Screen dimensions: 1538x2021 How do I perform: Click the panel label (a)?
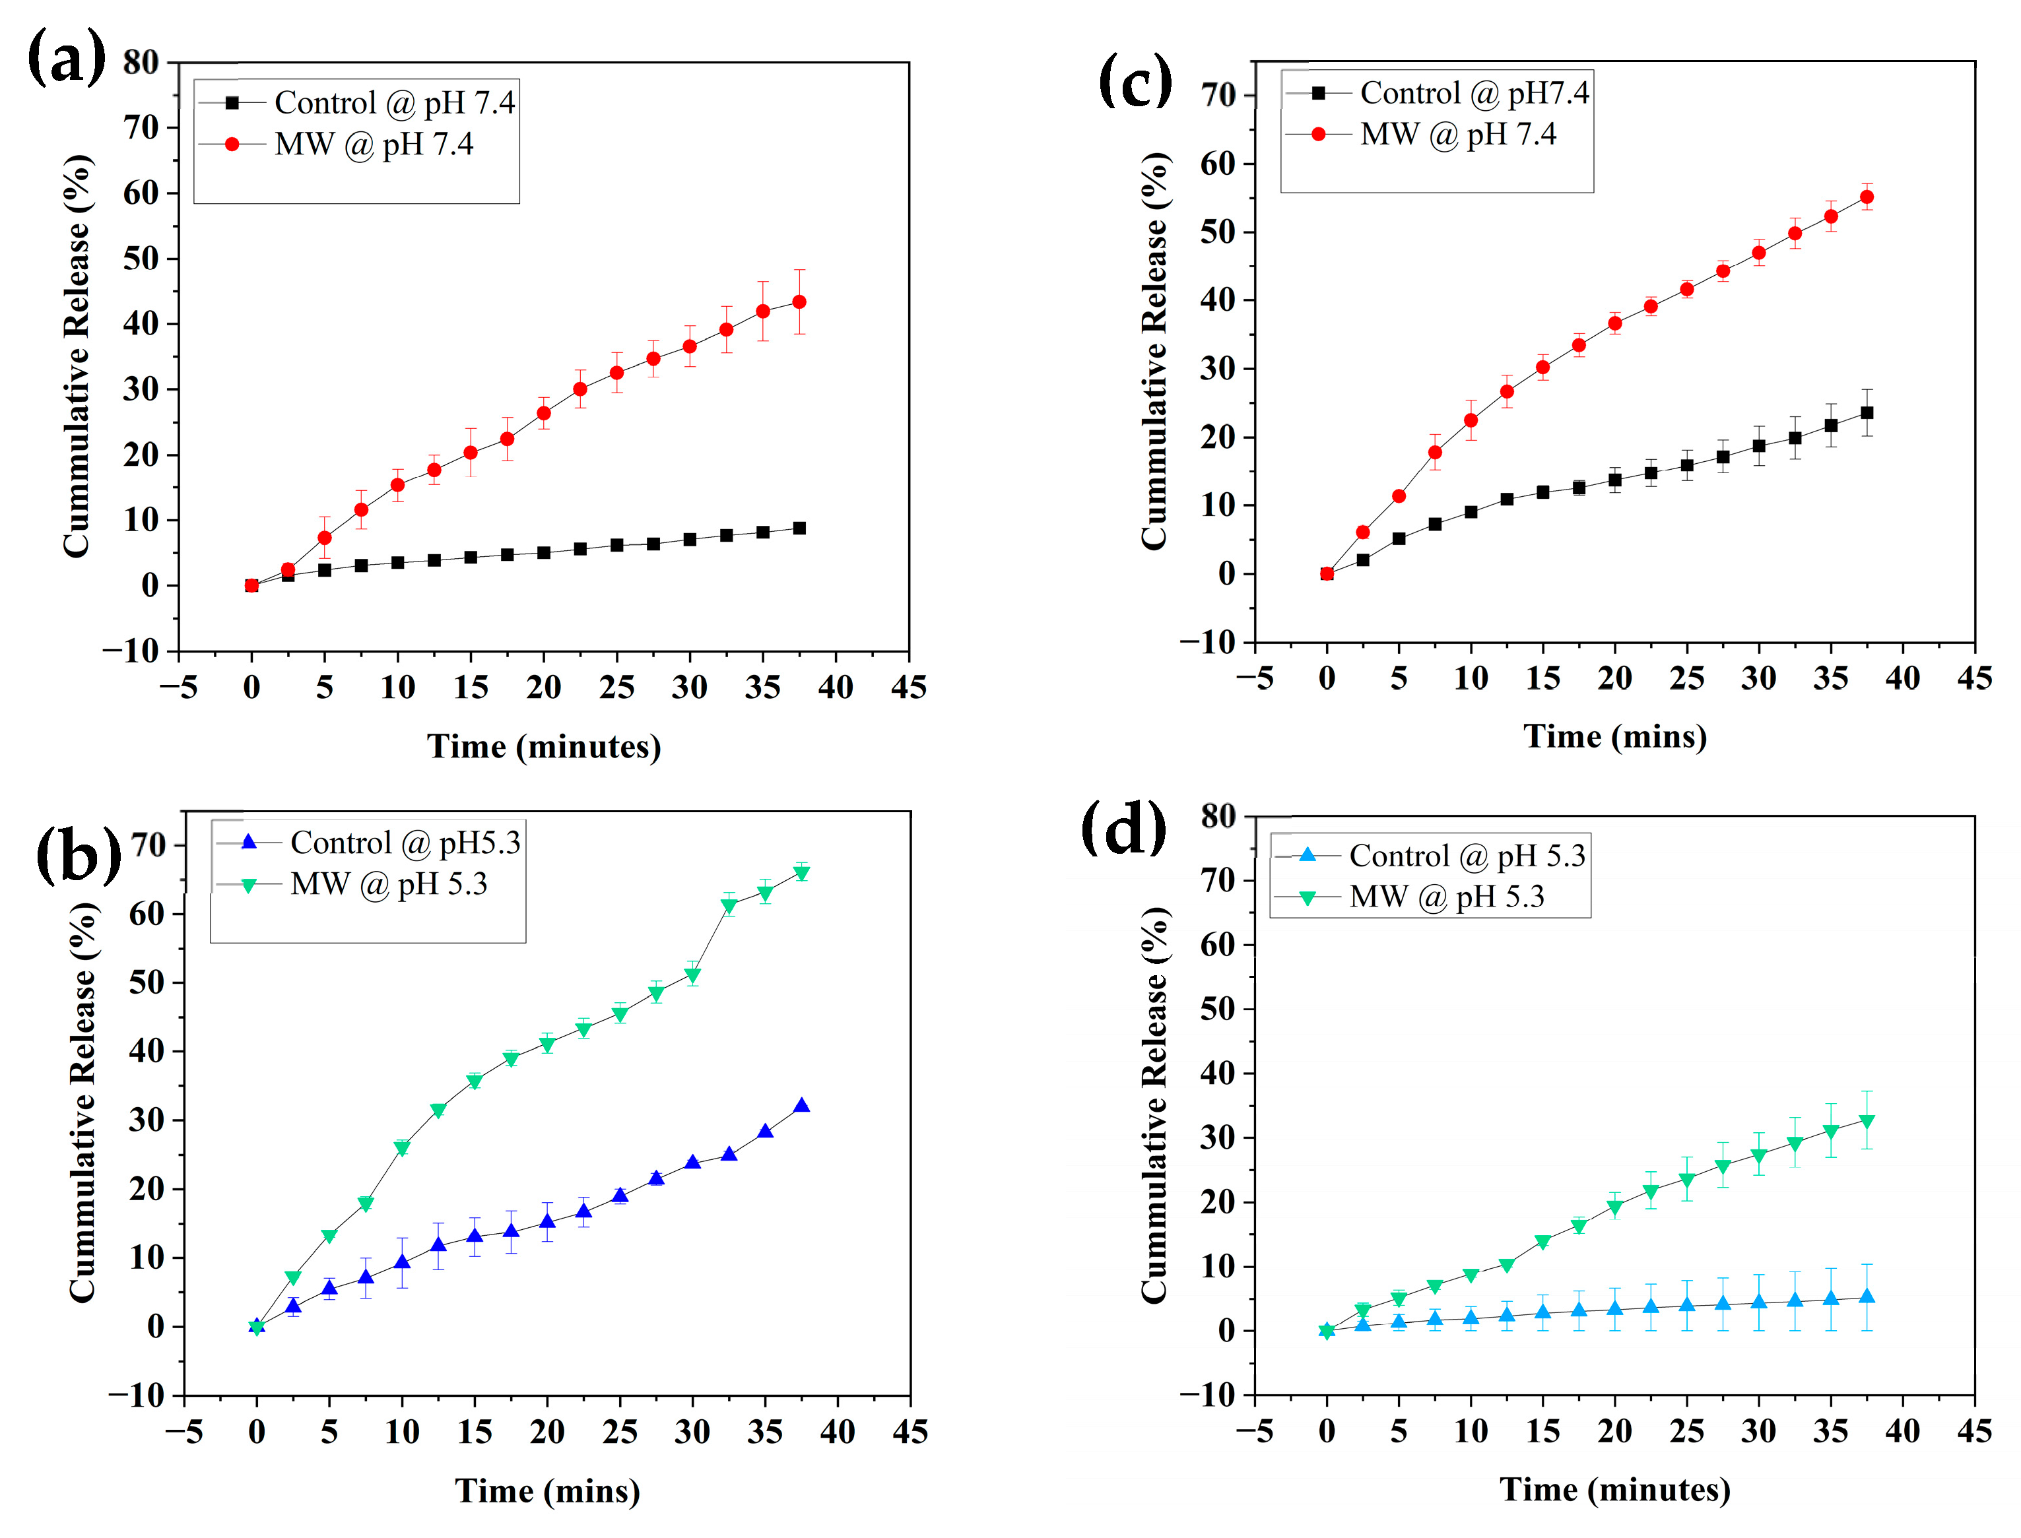coord(66,57)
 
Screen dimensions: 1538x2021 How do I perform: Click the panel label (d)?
coord(1123,827)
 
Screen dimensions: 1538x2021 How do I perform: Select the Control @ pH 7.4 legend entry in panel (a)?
coord(394,102)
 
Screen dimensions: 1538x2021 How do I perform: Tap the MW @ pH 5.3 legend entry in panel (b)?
coord(388,884)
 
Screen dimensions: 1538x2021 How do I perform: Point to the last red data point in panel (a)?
coord(799,302)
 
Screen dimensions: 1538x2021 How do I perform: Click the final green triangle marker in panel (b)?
coord(801,874)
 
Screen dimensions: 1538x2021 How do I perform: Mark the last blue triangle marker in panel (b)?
coord(801,1106)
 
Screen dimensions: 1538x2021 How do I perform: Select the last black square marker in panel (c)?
coord(1867,413)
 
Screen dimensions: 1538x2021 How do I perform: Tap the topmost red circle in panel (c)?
coord(1867,197)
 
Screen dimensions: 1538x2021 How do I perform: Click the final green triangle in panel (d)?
coord(1867,1122)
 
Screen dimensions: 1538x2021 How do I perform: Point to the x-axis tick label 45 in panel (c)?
coord(1974,678)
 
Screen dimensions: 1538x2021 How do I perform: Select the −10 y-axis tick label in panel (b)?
coord(135,1396)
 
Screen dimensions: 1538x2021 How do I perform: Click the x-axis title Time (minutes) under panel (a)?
coord(544,747)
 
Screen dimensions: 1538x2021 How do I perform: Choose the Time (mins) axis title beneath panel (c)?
coord(1614,737)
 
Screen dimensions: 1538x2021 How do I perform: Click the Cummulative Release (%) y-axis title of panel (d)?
coord(1154,1106)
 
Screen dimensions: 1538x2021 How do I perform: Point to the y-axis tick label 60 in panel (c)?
coord(1218,164)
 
